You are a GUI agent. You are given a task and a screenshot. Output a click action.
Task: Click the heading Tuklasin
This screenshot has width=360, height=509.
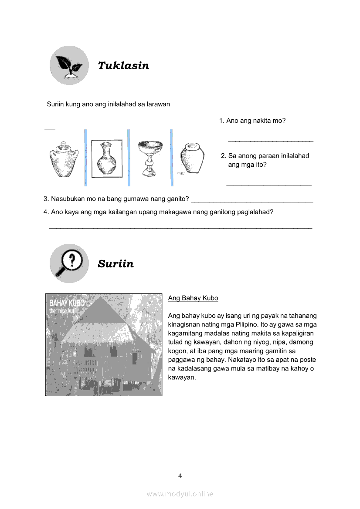pos(123,66)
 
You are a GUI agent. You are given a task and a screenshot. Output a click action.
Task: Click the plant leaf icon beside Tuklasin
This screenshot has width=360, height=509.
pos(69,65)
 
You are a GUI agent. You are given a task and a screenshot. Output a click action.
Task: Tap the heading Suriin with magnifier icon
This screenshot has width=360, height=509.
pos(115,264)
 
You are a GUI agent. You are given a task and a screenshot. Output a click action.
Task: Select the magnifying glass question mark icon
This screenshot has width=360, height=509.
pos(69,263)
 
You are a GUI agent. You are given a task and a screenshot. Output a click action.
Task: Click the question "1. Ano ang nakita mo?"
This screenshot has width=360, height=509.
pos(252,121)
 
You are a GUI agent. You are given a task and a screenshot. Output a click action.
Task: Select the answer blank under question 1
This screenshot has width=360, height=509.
pos(271,141)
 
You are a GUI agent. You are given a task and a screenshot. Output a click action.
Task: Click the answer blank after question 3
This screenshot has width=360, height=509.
pos(252,201)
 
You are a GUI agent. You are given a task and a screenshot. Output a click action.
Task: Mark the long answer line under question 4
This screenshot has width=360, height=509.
pos(180,227)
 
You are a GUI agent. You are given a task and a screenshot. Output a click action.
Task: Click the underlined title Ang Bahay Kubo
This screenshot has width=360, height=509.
pos(193,298)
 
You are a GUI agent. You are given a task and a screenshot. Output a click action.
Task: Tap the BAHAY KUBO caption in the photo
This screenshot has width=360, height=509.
pos(67,303)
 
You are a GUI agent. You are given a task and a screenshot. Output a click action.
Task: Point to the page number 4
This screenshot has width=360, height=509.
pos(180,476)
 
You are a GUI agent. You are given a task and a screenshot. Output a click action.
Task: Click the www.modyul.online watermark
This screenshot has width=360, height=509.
pos(180,494)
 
